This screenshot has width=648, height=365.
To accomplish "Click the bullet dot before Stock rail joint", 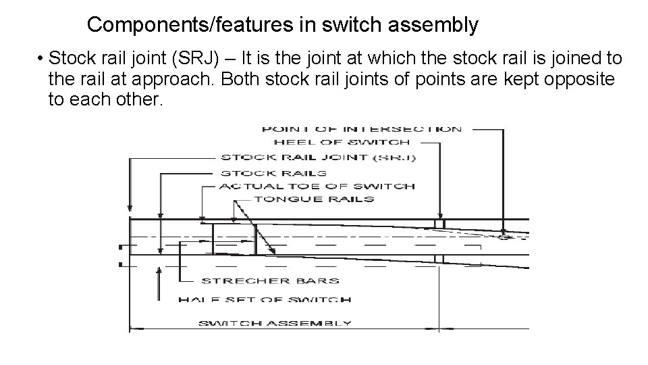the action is pyautogui.click(x=41, y=59).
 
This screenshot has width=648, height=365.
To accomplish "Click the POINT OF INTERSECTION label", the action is pyautogui.click(x=361, y=129).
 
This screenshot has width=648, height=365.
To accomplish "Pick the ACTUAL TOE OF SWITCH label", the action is pyautogui.click(x=317, y=186).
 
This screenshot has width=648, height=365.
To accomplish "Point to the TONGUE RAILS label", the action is pyautogui.click(x=313, y=199).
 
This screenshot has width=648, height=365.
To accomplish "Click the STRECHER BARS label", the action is pyautogui.click(x=269, y=280).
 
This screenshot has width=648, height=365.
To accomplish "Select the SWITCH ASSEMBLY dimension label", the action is pyautogui.click(x=274, y=323).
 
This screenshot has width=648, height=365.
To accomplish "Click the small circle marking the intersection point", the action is pyautogui.click(x=503, y=237).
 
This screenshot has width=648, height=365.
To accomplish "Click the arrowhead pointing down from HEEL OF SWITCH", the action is pyautogui.click(x=440, y=213).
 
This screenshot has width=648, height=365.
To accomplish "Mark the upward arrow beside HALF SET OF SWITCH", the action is pyautogui.click(x=159, y=274).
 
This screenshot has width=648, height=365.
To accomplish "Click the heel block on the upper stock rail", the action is pyautogui.click(x=439, y=224).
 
